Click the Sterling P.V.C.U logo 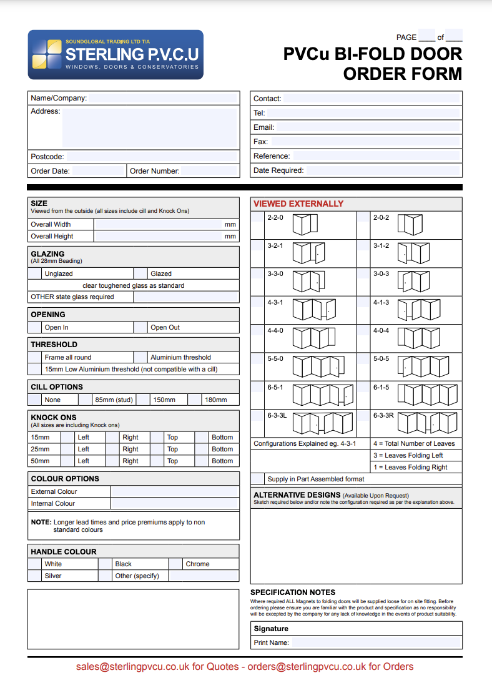click(x=116, y=55)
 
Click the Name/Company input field click(x=163, y=98)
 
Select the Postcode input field click(x=152, y=157)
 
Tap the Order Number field click(x=209, y=171)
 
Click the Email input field click(x=367, y=127)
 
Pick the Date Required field click(x=383, y=170)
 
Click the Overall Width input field click(x=159, y=224)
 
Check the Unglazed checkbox click(x=35, y=273)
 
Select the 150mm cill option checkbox click(x=143, y=400)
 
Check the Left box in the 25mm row click(x=67, y=449)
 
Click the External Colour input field click(x=174, y=491)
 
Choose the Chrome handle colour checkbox click(x=175, y=564)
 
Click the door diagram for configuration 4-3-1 click(x=315, y=309)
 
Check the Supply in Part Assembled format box click(x=257, y=479)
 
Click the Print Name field click(x=376, y=642)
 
